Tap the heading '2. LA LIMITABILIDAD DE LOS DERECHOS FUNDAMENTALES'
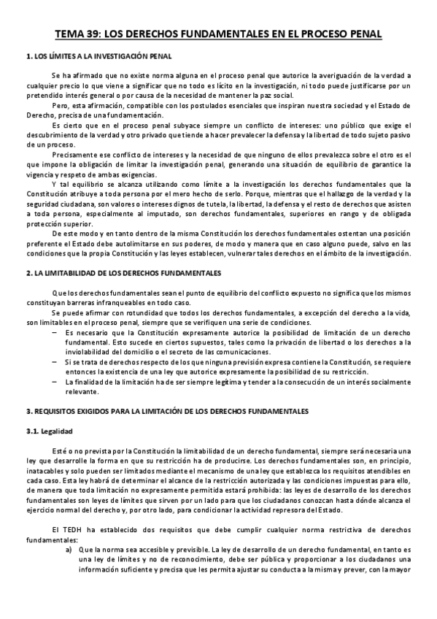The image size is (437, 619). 123,272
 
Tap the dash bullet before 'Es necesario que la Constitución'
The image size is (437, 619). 56,332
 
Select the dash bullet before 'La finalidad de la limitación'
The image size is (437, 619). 56,381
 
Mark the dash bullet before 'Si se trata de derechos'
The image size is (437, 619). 56,361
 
